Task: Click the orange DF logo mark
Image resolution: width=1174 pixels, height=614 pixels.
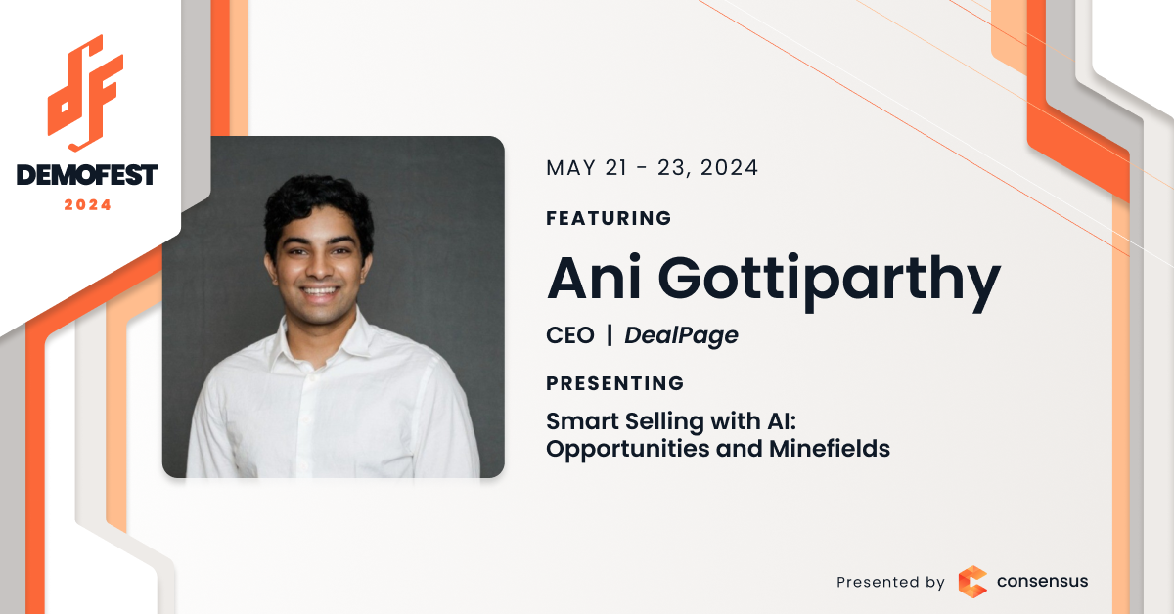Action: [x=85, y=93]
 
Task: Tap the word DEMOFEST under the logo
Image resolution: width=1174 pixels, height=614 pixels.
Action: [x=87, y=175]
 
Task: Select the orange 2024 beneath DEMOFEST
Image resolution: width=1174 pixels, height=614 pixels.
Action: [x=87, y=205]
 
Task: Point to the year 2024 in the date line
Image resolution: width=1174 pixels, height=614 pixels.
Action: [x=729, y=168]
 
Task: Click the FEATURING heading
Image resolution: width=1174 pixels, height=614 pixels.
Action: [x=609, y=218]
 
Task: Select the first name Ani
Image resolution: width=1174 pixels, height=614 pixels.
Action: [x=594, y=278]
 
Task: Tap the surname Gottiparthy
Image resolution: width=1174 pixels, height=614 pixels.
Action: [x=830, y=282]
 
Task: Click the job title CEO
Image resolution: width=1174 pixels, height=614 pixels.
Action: [x=570, y=335]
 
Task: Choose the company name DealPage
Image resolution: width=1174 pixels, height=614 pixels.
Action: [x=681, y=336]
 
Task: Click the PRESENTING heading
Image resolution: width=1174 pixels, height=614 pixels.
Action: [x=614, y=383]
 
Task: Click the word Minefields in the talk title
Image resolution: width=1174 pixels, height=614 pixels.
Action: [x=830, y=449]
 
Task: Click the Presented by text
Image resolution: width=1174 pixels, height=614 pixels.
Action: [x=890, y=582]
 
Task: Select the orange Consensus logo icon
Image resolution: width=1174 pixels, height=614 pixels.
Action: [x=972, y=582]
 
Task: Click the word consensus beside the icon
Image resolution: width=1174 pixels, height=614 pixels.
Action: [x=1042, y=581]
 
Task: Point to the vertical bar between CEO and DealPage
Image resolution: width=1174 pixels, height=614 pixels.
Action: [x=610, y=335]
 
